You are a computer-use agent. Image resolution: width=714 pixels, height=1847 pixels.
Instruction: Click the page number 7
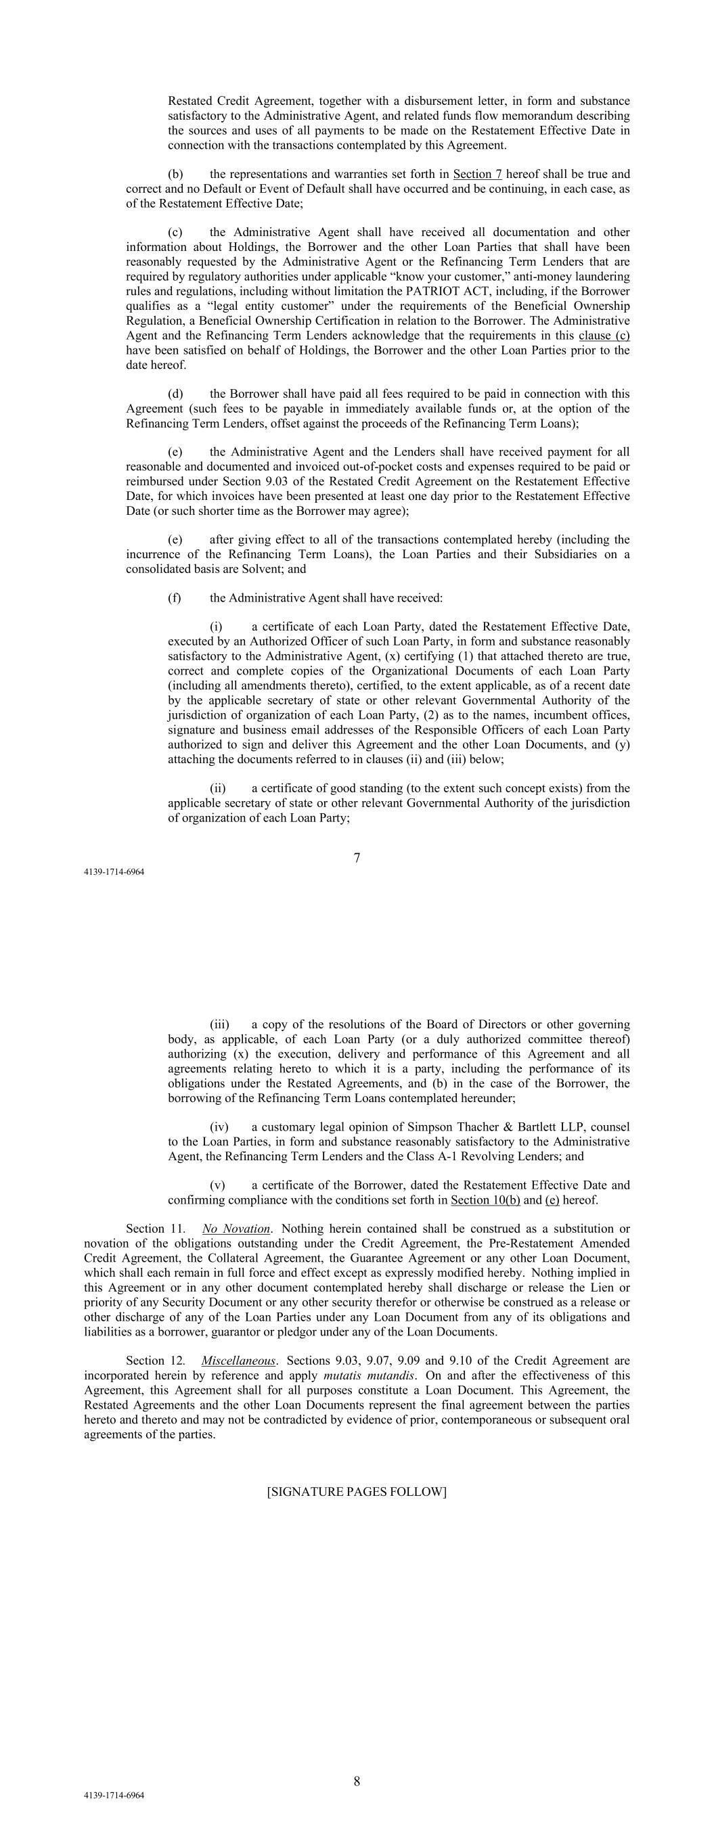(357, 858)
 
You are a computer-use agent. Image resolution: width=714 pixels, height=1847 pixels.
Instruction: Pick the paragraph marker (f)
(175, 597)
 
